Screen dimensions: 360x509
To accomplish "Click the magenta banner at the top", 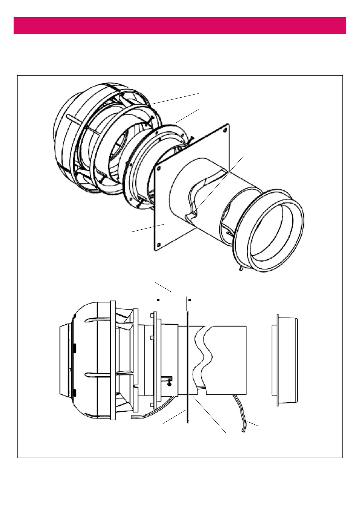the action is [180, 25].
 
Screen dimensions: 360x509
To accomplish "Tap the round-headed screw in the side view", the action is [170, 384].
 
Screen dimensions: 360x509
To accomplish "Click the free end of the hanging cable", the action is [243, 430].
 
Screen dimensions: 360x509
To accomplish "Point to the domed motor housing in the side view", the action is [88, 360].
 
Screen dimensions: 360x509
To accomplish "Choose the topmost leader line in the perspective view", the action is [176, 99].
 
